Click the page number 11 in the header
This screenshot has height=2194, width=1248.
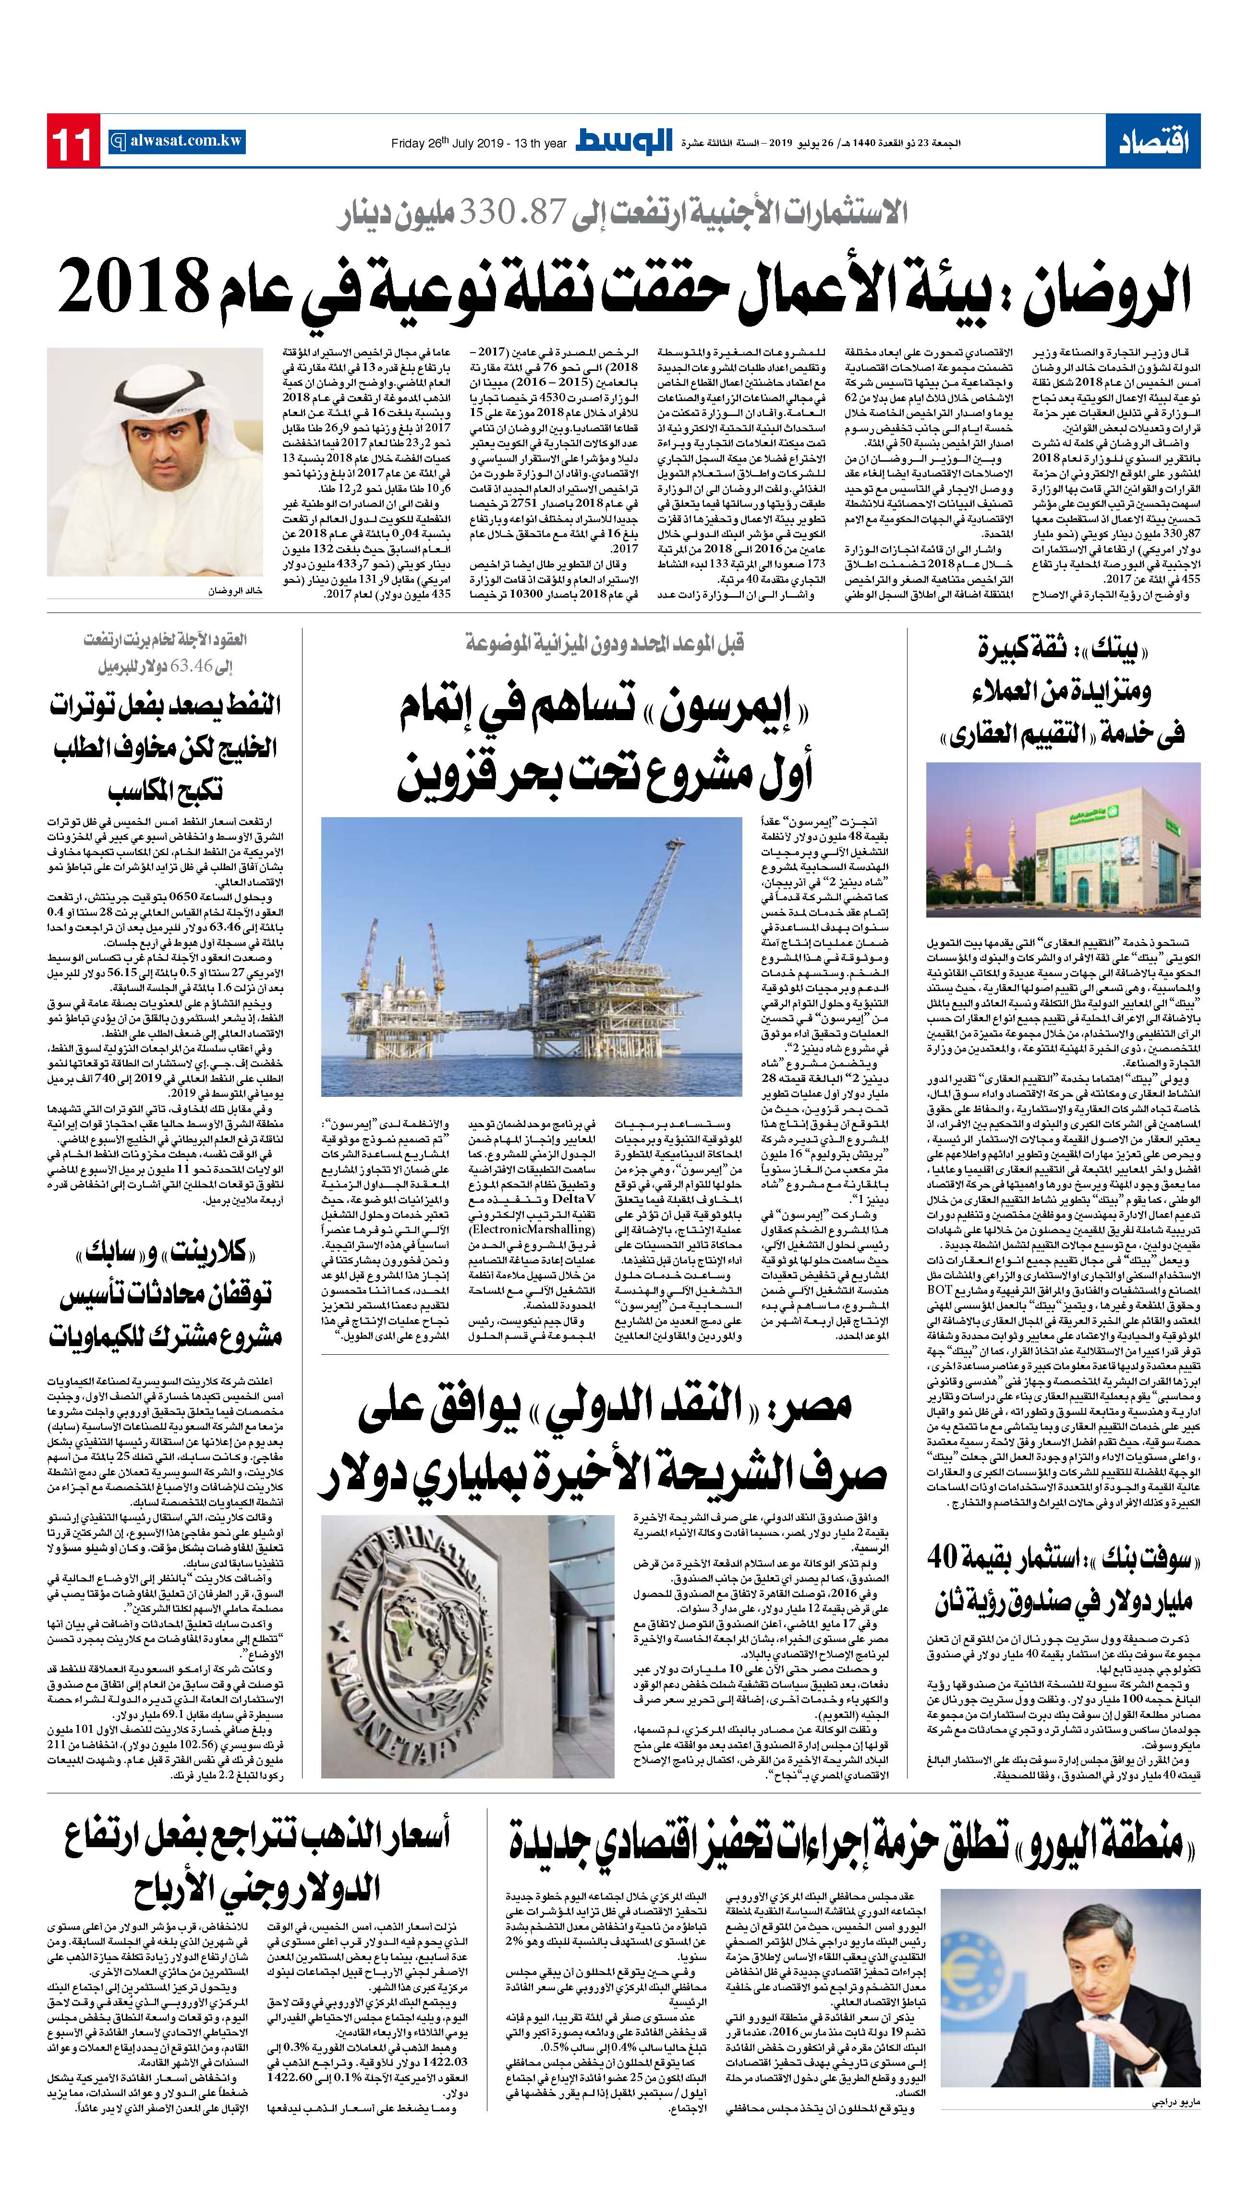73,141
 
